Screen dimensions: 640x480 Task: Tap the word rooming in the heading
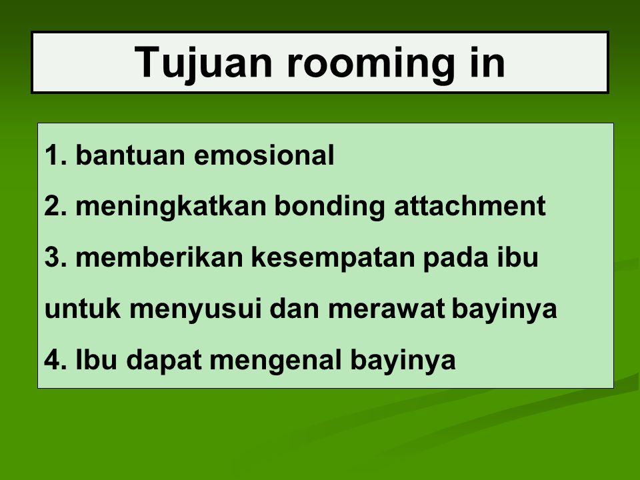tap(371, 63)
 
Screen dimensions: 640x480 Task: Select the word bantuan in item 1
tap(130, 155)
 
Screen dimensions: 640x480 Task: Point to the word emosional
tap(264, 155)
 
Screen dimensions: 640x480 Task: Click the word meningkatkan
tap(171, 207)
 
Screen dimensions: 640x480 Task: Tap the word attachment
tap(469, 207)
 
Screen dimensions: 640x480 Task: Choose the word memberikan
tap(159, 257)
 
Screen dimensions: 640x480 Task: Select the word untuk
tap(83, 309)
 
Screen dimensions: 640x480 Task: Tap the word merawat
tap(386, 309)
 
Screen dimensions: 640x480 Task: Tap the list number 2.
tap(55, 207)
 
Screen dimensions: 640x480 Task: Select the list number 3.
tap(55, 257)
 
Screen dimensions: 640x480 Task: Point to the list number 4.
tap(55, 359)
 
